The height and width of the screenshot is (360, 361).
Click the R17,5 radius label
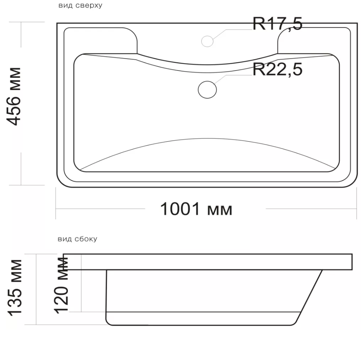click(x=277, y=24)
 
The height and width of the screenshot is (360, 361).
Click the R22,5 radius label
click(x=277, y=69)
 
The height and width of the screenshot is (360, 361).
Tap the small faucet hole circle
click(x=207, y=42)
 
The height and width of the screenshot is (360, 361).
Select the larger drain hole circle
click(x=207, y=90)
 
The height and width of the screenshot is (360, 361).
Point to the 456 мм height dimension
click(x=14, y=97)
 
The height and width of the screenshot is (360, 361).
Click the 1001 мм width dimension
click(x=196, y=209)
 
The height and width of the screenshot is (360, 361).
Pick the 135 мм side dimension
click(x=14, y=288)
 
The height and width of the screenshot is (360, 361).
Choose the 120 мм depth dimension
click(x=61, y=285)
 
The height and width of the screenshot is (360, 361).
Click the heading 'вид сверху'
click(x=81, y=5)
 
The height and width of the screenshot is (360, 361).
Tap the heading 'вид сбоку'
click(x=77, y=239)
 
